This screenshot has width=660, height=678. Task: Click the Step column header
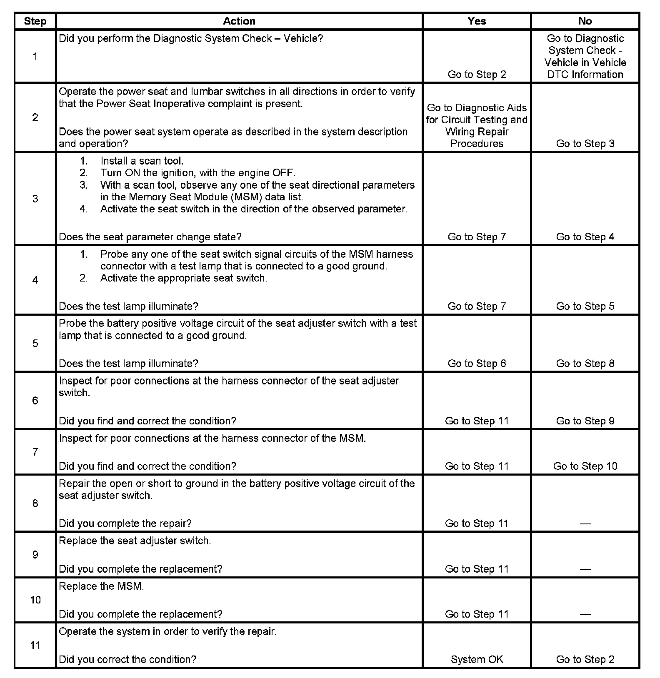tap(35, 21)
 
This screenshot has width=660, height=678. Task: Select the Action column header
tap(239, 21)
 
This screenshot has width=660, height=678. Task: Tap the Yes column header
tap(477, 21)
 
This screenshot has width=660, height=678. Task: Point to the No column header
tap(585, 21)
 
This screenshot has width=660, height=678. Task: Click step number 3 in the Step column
tap(35, 199)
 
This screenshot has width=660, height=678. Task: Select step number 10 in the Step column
tap(35, 600)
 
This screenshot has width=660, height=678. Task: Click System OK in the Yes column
tap(477, 659)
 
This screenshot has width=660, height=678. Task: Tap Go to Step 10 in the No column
tap(585, 466)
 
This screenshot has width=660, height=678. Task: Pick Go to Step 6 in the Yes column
tap(477, 363)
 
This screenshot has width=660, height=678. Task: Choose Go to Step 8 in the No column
tap(585, 363)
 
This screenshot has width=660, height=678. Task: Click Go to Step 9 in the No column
tap(585, 421)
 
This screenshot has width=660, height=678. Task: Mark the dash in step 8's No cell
tap(585, 523)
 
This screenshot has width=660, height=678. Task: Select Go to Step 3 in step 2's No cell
tap(585, 143)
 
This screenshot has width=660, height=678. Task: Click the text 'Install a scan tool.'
tap(142, 161)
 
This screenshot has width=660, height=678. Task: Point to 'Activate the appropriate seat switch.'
tap(183, 278)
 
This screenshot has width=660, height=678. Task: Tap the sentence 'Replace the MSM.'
tap(101, 586)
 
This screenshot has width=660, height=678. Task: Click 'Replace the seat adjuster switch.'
tap(135, 541)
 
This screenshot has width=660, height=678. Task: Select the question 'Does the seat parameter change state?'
tap(150, 237)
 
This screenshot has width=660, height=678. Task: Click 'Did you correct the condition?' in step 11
tap(127, 659)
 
